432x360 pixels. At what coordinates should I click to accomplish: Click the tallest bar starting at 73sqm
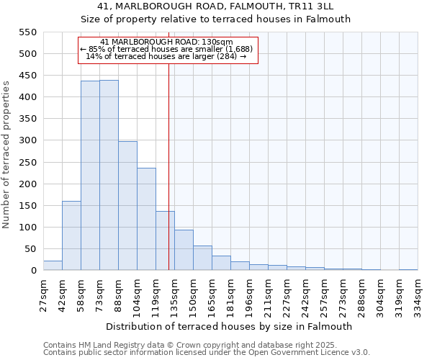pyautogui.click(x=109, y=175)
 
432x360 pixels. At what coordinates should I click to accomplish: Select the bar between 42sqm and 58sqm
pyautogui.click(x=71, y=235)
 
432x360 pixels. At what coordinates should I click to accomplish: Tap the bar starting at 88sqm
pyautogui.click(x=127, y=206)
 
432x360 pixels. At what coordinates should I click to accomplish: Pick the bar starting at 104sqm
pyautogui.click(x=146, y=219)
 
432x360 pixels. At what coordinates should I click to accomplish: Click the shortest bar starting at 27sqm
pyautogui.click(x=53, y=266)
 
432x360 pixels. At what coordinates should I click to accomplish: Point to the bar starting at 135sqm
pyautogui.click(x=184, y=250)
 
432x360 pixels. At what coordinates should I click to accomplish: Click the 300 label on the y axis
pyautogui.click(x=27, y=140)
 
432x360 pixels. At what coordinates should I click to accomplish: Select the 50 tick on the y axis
pyautogui.click(x=30, y=249)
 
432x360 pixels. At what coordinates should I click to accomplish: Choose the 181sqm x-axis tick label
pyautogui.click(x=230, y=294)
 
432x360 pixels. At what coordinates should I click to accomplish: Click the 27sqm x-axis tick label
pyautogui.click(x=43, y=294)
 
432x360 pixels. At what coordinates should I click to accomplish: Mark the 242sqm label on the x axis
pyautogui.click(x=305, y=294)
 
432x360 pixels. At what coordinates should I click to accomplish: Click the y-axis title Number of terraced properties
pyautogui.click(x=6, y=154)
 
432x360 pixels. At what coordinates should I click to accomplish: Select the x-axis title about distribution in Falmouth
pyautogui.click(x=230, y=326)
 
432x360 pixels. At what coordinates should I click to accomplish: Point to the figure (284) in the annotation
pyautogui.click(x=226, y=55)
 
